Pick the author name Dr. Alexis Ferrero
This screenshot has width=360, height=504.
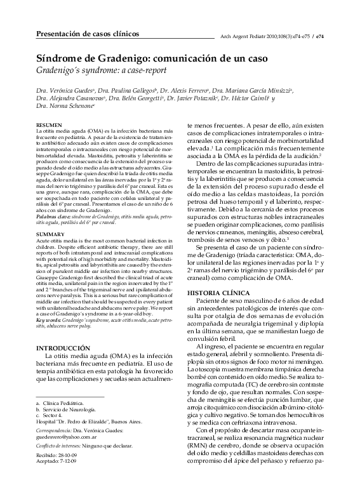click(x=184, y=91)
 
